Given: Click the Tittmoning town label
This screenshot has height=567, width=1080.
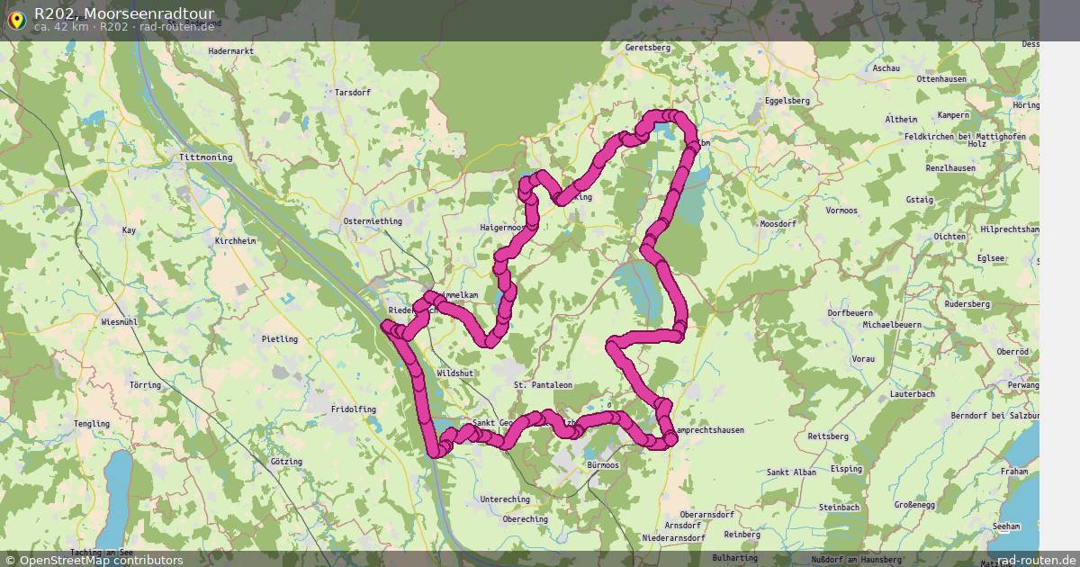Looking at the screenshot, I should [x=205, y=157].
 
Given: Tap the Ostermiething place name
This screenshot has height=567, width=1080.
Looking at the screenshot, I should [x=373, y=221].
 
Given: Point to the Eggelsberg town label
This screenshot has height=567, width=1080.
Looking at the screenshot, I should [x=787, y=101].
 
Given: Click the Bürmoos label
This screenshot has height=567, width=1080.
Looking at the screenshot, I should [x=602, y=465].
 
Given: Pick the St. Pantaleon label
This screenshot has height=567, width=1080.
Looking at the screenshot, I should [x=543, y=385].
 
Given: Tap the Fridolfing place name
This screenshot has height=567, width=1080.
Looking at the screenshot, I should [x=354, y=409].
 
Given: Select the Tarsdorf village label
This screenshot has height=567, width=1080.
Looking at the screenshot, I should [x=352, y=93].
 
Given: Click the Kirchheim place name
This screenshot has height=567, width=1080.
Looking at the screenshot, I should [x=236, y=242].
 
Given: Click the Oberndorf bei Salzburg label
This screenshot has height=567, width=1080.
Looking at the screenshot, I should [x=994, y=416].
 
